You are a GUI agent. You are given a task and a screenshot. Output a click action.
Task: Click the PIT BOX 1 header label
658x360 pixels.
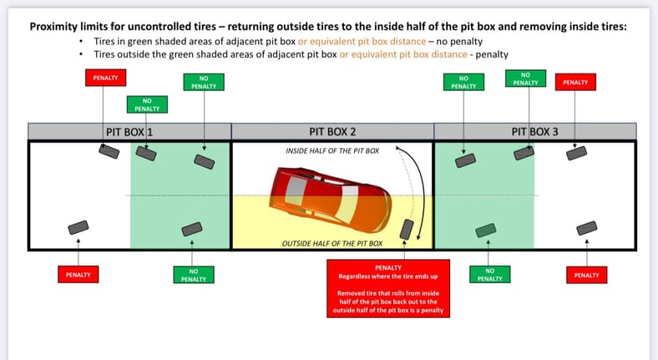[129, 131]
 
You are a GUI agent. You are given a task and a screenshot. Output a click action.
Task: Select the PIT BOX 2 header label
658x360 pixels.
[332, 131]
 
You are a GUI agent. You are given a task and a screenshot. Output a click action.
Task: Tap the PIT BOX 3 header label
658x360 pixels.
[534, 131]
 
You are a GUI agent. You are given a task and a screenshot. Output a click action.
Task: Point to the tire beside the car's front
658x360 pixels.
[407, 230]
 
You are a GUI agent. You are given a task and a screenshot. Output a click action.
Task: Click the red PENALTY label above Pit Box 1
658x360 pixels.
[104, 78]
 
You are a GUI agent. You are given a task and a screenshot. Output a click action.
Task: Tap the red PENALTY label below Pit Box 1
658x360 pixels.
[78, 274]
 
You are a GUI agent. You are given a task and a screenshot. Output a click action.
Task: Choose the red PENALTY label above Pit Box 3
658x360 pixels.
[574, 82]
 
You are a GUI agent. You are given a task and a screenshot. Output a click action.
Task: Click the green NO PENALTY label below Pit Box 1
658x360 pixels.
[193, 274]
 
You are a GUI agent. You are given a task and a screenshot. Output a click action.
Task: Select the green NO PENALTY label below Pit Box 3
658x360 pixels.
[490, 274]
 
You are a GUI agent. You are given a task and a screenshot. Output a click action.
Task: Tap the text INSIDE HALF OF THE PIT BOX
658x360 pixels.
[332, 150]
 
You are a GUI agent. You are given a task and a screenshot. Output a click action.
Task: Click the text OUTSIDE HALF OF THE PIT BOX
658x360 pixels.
[332, 243]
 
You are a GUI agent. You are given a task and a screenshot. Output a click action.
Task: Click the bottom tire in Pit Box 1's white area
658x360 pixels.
[78, 227]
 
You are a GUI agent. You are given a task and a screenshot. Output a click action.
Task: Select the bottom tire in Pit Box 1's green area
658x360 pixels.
[192, 228]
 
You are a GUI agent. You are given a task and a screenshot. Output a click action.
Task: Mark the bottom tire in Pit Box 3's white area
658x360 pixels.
[586, 228]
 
